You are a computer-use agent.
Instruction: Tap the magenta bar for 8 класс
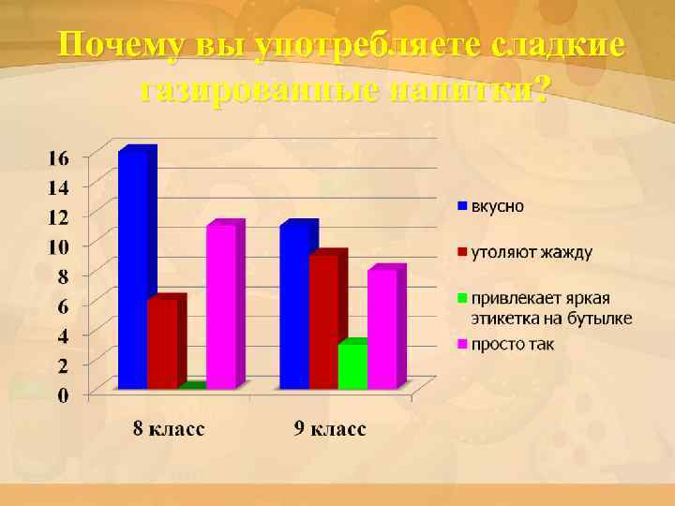point(221,306)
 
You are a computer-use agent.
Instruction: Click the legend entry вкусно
point(497,205)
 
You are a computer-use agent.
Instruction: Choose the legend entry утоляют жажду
point(531,251)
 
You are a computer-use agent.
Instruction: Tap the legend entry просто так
point(512,344)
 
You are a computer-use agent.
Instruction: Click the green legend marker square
point(461,298)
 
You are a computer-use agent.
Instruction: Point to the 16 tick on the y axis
point(58,158)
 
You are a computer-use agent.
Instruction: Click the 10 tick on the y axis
point(58,246)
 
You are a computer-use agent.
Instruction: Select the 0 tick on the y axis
point(63,394)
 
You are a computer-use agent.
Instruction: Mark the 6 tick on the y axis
point(63,305)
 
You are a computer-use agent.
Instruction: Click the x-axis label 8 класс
point(167,429)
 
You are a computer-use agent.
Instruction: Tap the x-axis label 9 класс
point(329,429)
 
